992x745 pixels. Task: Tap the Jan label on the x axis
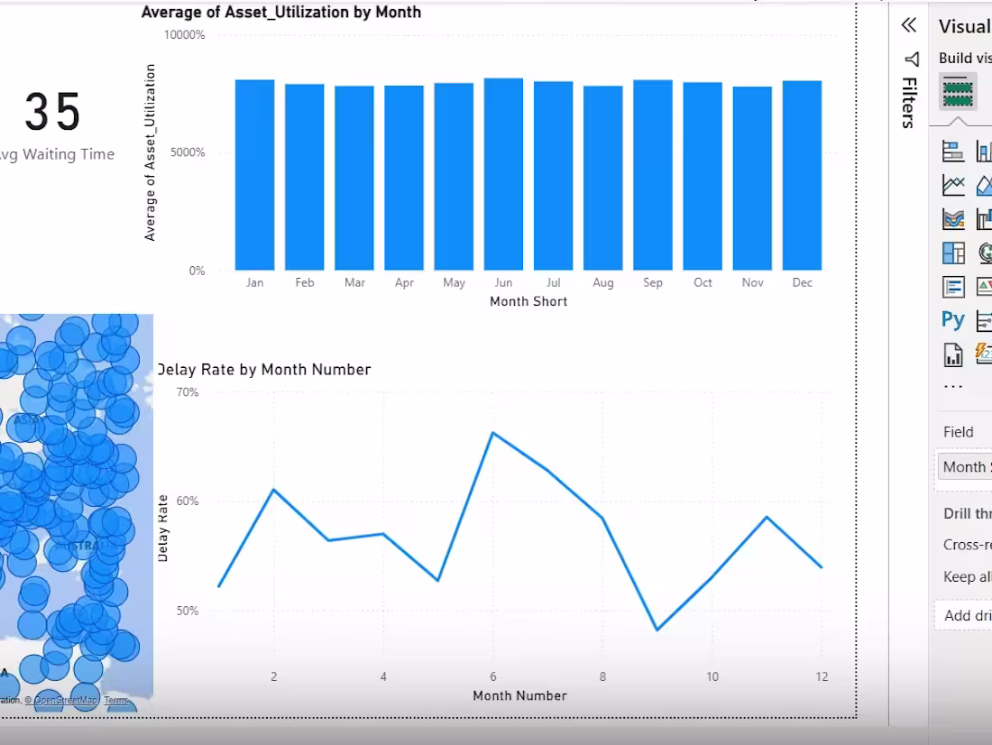[x=255, y=282]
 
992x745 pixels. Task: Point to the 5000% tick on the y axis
[x=186, y=152]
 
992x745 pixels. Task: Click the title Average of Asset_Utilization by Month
[x=281, y=13]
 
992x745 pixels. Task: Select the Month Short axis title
[x=528, y=301]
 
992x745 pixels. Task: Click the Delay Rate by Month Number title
[x=264, y=369]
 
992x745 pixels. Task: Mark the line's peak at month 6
[x=492, y=433]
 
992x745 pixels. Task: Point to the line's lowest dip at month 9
[x=657, y=630]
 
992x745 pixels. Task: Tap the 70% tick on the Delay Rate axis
[x=188, y=392]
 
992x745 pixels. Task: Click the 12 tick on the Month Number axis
[x=822, y=676]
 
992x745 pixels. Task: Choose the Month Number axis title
[x=519, y=695]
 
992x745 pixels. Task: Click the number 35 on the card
[x=53, y=113]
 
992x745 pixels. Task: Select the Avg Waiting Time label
[x=56, y=154]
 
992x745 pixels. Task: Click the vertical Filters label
[x=910, y=102]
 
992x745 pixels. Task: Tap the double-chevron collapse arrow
[x=909, y=25]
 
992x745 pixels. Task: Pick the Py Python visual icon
[x=952, y=320]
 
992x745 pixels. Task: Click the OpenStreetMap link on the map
[x=67, y=700]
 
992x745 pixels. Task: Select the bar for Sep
[x=653, y=175]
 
